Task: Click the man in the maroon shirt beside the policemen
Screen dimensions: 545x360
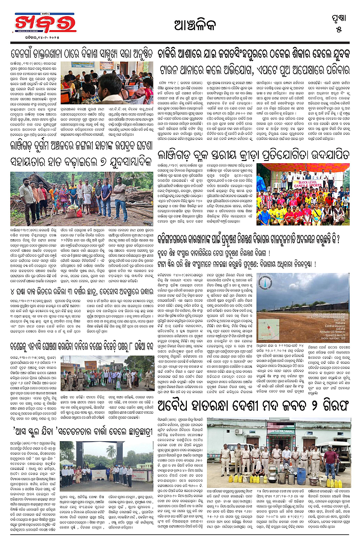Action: coord(330,455)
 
